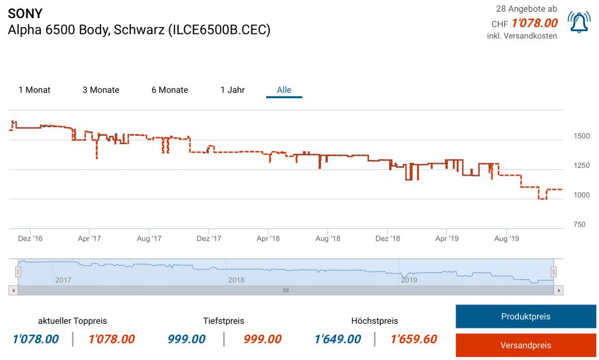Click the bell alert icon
579,22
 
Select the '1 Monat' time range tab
35,90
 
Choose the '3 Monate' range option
101,90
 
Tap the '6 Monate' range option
170,90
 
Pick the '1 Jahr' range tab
232,90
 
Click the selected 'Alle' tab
284,90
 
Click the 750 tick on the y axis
579,224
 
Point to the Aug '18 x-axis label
328,238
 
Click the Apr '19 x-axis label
446,238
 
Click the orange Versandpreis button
525,345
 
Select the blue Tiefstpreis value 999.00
187,339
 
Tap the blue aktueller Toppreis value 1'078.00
36,339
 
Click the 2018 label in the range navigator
236,280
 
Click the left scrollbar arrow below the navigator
13,290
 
